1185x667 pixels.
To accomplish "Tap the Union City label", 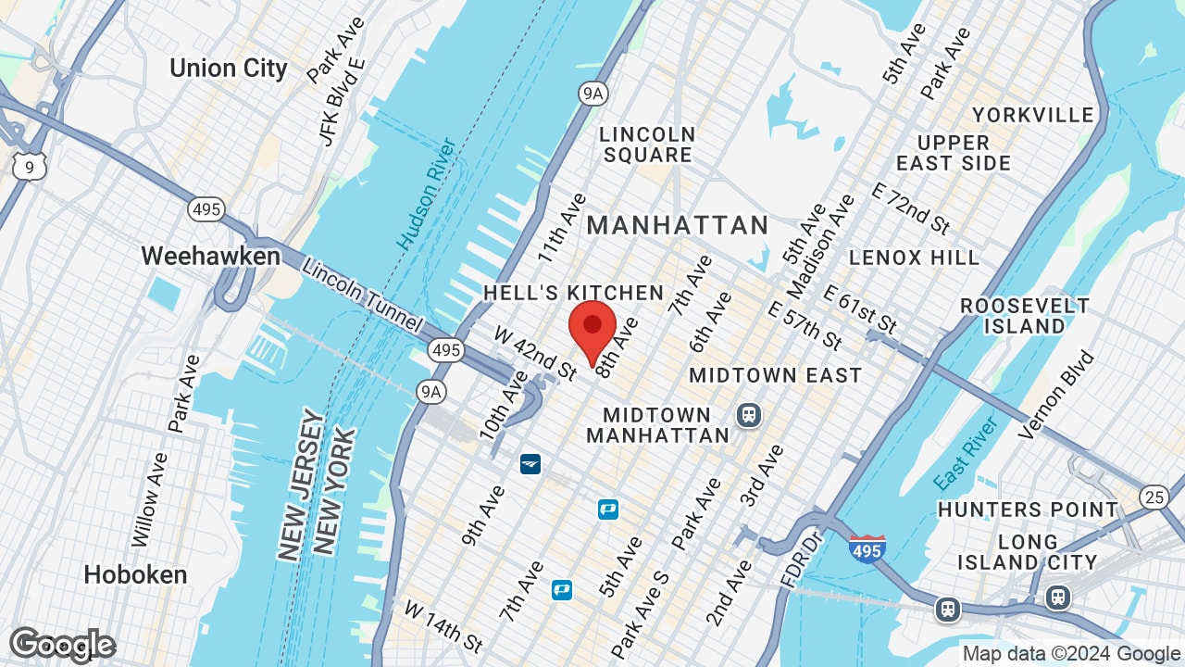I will coord(229,69).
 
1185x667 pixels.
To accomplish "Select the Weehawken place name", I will coord(210,257).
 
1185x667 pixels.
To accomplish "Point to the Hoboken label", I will coord(135,574).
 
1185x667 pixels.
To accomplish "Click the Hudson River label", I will coord(427,194).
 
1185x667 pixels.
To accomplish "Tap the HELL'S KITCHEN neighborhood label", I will coord(573,294).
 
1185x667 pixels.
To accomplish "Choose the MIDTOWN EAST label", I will coord(775,375).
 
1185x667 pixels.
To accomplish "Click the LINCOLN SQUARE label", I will coord(647,145).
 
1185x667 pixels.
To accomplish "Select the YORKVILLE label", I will coord(1032,115).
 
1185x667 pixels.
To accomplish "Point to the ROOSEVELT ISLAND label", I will coord(1025,316).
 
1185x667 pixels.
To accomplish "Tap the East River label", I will coord(966,454).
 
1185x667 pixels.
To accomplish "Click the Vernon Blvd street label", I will coord(1055,395).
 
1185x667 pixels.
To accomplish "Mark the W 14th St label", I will coord(443,625).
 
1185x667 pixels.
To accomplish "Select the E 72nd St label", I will coord(911,208).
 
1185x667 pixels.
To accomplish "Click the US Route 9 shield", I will coord(30,167).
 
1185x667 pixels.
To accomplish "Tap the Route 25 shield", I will coord(1154,497).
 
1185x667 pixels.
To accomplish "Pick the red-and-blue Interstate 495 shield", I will coord(867,549).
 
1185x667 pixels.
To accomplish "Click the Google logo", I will coord(62,645).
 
